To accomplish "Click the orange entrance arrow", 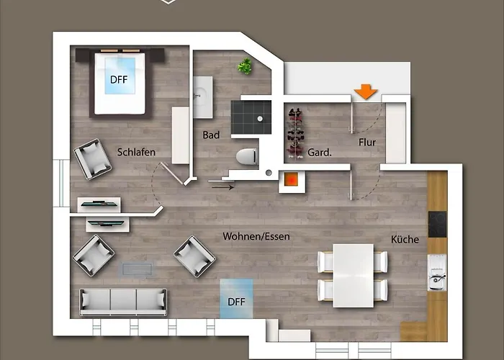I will [x=366, y=91].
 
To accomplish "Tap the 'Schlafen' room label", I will [x=136, y=152].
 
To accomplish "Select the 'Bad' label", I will [x=211, y=135].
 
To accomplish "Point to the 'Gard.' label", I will [x=320, y=153].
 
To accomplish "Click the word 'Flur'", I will [x=367, y=142].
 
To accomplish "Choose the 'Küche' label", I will [x=405, y=239].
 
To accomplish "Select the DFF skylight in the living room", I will [x=236, y=302].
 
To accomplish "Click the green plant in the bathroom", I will [x=246, y=67].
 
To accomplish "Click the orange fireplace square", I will [x=292, y=180].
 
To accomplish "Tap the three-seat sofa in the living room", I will [x=123, y=301].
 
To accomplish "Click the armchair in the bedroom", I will [x=93, y=158].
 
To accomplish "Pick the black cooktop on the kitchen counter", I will [x=437, y=224].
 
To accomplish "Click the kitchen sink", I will [x=436, y=273].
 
